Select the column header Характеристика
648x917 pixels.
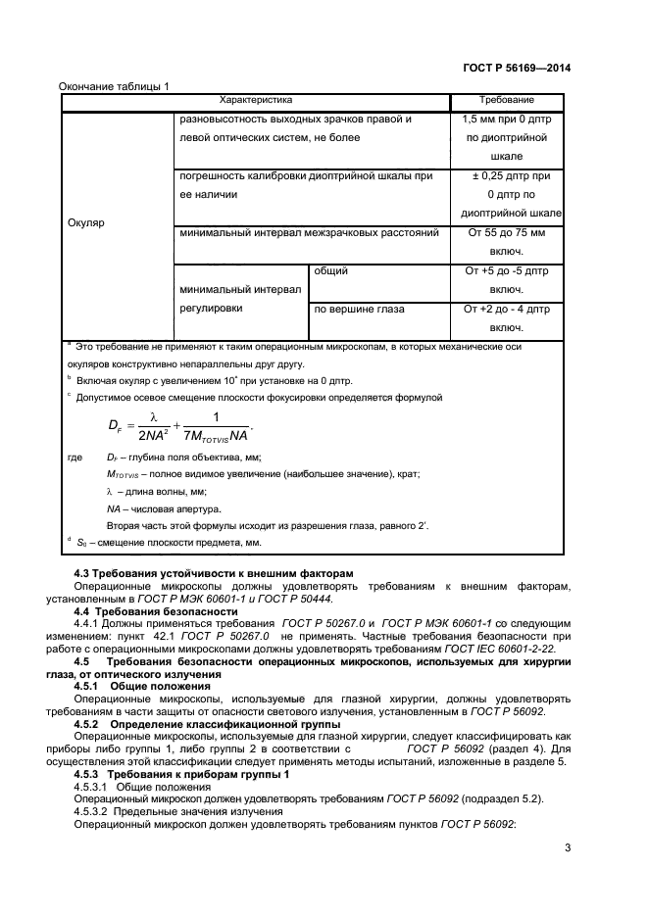[x=256, y=100]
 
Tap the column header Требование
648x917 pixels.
[x=506, y=100]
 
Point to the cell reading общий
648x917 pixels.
[x=330, y=270]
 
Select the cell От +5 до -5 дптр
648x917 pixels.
[x=506, y=280]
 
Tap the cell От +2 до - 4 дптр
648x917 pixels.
[x=506, y=317]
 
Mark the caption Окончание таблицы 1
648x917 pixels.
[x=115, y=85]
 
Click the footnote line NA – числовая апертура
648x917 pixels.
[x=165, y=509]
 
